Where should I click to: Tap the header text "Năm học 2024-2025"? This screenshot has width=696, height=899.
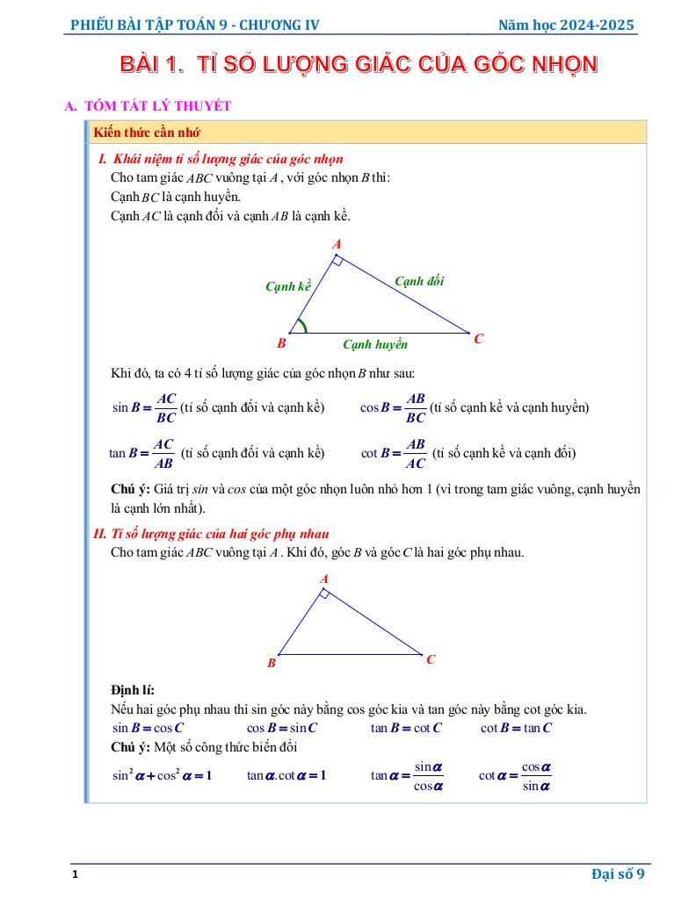point(566,25)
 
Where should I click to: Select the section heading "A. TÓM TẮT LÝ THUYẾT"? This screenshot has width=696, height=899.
point(149,106)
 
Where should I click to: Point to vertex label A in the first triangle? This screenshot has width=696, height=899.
point(337,244)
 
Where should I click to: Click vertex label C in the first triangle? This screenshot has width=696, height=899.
point(479,338)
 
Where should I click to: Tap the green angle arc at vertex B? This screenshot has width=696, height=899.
point(302,327)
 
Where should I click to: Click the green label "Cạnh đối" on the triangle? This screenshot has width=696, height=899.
point(419,281)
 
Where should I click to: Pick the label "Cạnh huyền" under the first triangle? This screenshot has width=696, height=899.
point(375,345)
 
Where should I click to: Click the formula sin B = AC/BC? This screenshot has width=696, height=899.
point(145,407)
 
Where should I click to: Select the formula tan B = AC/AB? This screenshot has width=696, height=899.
point(142,453)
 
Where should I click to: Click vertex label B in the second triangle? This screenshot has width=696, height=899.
point(272,664)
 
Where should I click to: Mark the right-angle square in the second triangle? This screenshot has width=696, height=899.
point(324,594)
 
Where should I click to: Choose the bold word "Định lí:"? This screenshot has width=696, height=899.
point(133,690)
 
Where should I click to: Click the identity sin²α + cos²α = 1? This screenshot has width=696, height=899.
point(163,775)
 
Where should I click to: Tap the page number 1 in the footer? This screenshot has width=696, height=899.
point(76,875)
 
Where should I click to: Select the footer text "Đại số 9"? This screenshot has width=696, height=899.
point(618,873)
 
